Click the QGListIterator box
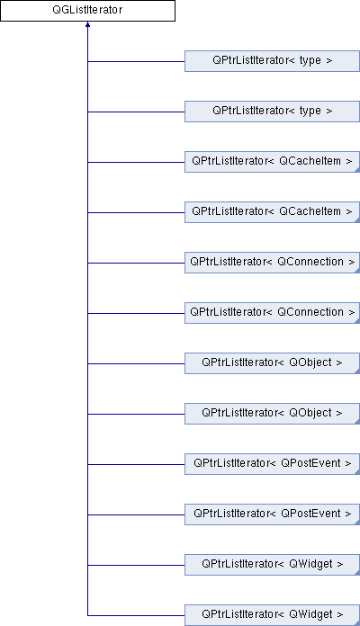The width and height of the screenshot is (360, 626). pyautogui.click(x=87, y=11)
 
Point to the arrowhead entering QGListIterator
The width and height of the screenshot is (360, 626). pyautogui.click(x=87, y=24)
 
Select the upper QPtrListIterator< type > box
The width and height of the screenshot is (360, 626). pyautogui.click(x=272, y=61)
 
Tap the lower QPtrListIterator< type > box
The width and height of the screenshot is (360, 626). pyautogui.click(x=272, y=112)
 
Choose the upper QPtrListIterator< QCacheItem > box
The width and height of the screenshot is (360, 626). pyautogui.click(x=272, y=162)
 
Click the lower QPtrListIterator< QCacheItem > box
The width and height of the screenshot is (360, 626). pyautogui.click(x=272, y=212)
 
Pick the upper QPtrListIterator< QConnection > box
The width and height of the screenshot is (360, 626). pyautogui.click(x=272, y=263)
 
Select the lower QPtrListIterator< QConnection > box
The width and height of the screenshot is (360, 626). pyautogui.click(x=272, y=313)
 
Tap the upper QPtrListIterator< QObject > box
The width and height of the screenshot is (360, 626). pyautogui.click(x=272, y=362)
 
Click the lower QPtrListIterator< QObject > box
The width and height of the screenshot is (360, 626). pyautogui.click(x=272, y=413)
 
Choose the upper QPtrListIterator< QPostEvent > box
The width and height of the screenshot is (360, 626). pyautogui.click(x=272, y=463)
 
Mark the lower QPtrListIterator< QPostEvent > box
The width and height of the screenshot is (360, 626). pyautogui.click(x=272, y=514)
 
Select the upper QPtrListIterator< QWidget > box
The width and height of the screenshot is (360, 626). pyautogui.click(x=272, y=564)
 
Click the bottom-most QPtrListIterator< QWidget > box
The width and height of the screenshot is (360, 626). pyautogui.click(x=272, y=614)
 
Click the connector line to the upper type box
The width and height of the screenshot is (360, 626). pyautogui.click(x=136, y=61)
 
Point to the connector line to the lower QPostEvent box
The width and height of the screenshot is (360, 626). pyautogui.click(x=136, y=514)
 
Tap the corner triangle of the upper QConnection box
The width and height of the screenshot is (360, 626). pyautogui.click(x=357, y=271)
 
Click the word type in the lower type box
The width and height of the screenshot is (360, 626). pyautogui.click(x=310, y=111)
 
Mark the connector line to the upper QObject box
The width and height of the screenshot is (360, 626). pyautogui.click(x=136, y=363)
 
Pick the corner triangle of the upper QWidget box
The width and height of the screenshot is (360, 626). pyautogui.click(x=357, y=573)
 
